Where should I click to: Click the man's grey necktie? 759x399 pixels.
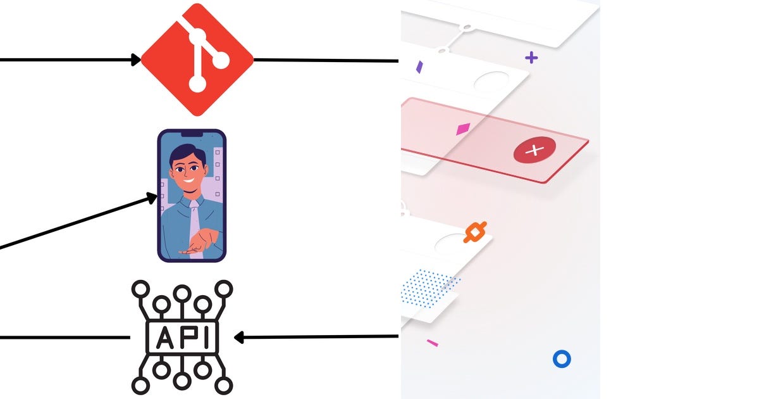point(195,225)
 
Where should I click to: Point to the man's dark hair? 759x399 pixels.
point(188,154)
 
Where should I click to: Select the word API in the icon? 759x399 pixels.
point(182,338)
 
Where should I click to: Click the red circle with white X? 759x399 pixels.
point(534,150)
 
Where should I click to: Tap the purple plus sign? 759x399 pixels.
point(531,58)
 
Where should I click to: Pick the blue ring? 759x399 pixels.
point(562,359)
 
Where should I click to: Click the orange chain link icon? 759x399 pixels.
point(475,232)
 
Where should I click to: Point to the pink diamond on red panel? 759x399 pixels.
point(464,129)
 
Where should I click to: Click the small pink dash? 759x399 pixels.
point(433,343)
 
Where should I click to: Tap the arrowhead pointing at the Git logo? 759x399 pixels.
point(136,60)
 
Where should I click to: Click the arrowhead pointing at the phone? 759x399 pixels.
point(152,198)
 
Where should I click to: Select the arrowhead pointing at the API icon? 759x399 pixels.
point(239,338)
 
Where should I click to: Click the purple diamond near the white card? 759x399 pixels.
point(419,66)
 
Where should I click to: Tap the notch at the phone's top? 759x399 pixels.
point(192,134)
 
